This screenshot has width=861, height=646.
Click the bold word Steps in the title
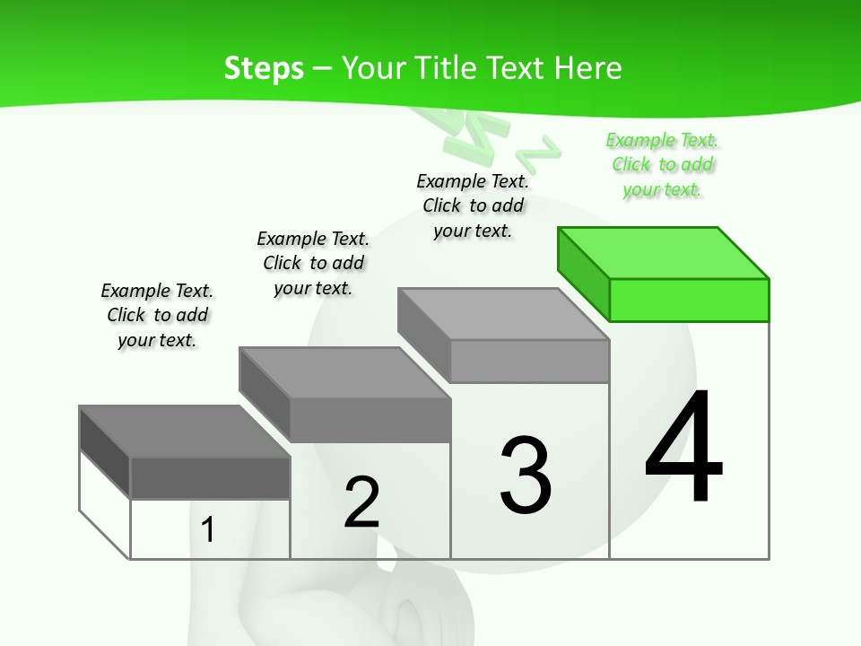click(264, 68)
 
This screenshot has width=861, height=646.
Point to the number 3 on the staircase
click(526, 476)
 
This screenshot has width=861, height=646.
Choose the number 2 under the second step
click(361, 502)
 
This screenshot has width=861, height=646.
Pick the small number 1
click(208, 530)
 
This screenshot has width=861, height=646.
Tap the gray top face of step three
click(503, 313)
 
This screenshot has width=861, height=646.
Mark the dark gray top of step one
click(185, 432)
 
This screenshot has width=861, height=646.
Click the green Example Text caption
click(663, 164)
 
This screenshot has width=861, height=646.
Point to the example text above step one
click(157, 315)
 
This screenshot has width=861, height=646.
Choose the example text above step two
click(313, 263)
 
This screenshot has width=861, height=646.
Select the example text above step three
click(473, 205)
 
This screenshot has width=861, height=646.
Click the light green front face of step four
click(689, 300)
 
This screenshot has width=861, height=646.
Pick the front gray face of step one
click(210, 477)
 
